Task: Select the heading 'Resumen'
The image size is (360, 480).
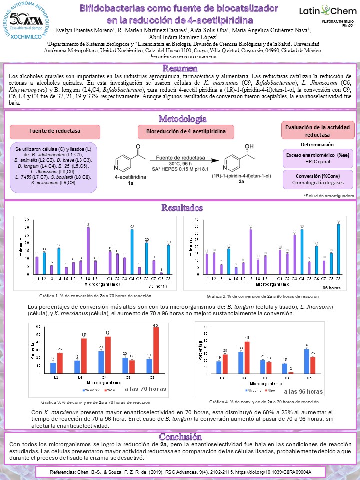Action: [x=180, y=68]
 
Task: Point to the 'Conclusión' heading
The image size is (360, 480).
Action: [x=180, y=436]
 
